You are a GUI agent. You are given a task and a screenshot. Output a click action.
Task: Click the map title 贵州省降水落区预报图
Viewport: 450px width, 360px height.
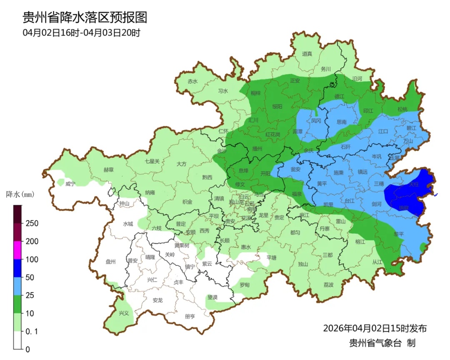click(x=85, y=17)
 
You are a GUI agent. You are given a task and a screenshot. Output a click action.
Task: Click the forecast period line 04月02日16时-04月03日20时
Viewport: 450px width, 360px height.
click(x=81, y=32)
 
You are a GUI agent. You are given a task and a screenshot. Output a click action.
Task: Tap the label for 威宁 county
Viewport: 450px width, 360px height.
click(x=70, y=184)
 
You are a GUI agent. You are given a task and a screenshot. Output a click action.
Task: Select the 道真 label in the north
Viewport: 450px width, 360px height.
click(x=307, y=53)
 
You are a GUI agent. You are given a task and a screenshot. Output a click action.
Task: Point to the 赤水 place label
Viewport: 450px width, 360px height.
click(x=192, y=81)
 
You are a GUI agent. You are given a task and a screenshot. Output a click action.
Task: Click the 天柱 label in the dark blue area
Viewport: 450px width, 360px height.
click(x=413, y=183)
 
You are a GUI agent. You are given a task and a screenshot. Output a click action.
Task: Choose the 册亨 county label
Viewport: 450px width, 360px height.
click(x=190, y=316)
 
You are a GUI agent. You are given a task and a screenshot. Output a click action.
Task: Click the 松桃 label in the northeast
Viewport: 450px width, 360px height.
click(x=402, y=109)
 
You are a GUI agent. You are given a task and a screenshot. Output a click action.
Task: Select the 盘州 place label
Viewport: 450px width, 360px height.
click(x=110, y=262)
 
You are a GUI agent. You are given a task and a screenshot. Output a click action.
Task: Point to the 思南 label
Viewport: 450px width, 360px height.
click(x=341, y=122)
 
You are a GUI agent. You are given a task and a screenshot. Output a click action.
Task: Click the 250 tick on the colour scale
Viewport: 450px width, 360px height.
click(x=32, y=223)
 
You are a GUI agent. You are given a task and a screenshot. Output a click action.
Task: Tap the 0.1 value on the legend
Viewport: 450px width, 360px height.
click(x=32, y=332)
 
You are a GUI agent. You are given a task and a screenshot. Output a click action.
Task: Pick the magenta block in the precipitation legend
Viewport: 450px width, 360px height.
click(x=17, y=250)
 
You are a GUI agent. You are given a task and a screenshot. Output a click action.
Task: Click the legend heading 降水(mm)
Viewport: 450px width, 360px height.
click(x=20, y=194)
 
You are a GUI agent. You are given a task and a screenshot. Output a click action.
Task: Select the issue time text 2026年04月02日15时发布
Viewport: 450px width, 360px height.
click(x=375, y=328)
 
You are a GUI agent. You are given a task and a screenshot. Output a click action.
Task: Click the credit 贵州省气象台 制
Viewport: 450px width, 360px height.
click(x=382, y=343)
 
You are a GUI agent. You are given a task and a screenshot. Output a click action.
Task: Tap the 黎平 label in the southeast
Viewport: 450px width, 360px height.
click(x=399, y=234)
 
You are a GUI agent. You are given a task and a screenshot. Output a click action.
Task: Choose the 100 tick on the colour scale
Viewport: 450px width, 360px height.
click(x=32, y=259)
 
